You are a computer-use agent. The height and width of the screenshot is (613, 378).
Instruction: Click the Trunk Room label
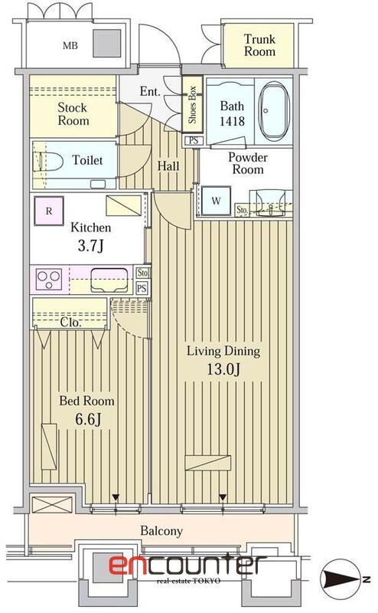tap(259, 45)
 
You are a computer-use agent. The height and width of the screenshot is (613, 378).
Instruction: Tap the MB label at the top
tap(70, 45)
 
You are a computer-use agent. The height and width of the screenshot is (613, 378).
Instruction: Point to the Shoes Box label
tap(192, 106)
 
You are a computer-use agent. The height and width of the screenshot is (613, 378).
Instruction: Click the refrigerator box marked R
tap(49, 210)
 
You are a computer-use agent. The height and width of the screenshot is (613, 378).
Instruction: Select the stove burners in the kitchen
tap(47, 279)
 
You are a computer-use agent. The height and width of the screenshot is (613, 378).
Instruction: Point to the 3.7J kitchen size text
tap(91, 246)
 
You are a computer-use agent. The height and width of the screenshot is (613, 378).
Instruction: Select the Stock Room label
tap(73, 114)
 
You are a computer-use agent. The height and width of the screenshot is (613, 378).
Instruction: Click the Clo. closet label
tap(71, 323)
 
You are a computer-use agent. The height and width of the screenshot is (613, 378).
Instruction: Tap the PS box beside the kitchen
tap(142, 288)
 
